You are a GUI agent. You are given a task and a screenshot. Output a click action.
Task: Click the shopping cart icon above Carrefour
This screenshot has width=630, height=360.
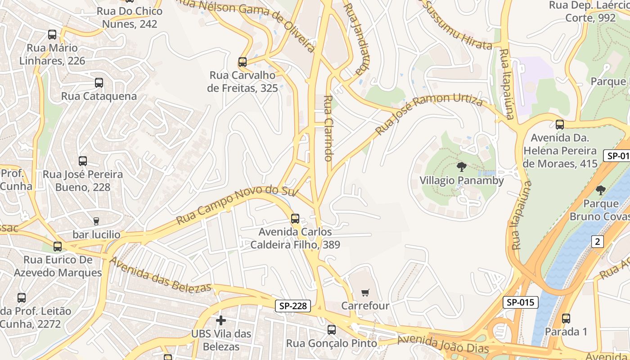point(365,292)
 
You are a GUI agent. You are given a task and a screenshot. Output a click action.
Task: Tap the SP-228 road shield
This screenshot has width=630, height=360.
point(293,306)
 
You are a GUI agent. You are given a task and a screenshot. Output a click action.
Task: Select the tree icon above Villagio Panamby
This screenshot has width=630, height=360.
point(461,167)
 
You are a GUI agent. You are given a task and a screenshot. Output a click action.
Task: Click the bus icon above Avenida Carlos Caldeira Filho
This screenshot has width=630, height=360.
point(295,219)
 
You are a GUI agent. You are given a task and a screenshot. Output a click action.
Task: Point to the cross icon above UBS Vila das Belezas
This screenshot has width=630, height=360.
point(221,320)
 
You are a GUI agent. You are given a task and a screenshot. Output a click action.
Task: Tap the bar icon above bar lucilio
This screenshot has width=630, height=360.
point(96,221)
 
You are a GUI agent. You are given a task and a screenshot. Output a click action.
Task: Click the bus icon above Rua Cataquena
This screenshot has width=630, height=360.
point(99,83)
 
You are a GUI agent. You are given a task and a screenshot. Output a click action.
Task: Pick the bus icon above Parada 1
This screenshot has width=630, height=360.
point(566,319)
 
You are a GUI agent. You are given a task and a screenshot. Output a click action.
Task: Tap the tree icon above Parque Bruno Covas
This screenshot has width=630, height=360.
point(601,190)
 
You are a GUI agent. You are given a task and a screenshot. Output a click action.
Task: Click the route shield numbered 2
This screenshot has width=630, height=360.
point(597,242)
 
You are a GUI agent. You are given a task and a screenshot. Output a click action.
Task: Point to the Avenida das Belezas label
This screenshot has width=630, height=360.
point(160,274)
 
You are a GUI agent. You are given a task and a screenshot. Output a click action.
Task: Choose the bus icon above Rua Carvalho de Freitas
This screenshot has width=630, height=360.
point(243,62)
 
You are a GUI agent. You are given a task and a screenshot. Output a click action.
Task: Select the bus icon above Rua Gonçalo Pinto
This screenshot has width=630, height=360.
point(332,330)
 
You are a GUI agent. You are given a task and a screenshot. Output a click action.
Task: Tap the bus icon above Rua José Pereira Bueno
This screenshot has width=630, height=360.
point(83,161)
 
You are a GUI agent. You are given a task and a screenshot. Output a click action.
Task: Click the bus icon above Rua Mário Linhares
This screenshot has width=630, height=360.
point(52,34)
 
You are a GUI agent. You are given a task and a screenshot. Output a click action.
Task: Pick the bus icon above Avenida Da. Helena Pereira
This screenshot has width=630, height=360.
point(560,125)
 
